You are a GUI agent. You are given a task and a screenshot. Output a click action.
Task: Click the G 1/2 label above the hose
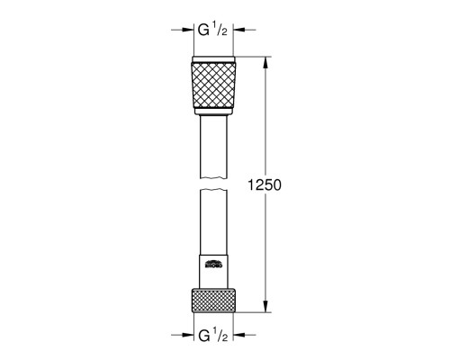212,30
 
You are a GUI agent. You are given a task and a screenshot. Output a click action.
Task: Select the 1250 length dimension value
264,185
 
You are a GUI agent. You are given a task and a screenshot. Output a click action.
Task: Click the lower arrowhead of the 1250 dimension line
264,306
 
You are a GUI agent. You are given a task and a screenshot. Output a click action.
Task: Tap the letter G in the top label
202,30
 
